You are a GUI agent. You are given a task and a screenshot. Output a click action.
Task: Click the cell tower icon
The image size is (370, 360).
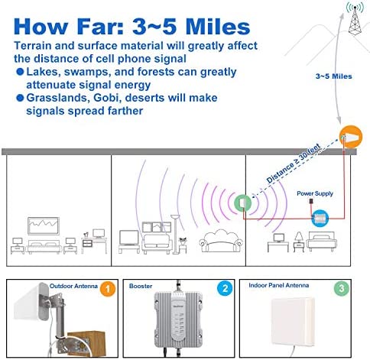(355, 18)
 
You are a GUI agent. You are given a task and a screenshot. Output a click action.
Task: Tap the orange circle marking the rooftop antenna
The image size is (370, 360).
(351, 137)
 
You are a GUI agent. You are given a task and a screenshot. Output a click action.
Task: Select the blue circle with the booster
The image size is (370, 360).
(320, 218)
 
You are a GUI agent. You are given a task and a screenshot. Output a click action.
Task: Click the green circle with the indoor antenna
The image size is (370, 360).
(242, 203)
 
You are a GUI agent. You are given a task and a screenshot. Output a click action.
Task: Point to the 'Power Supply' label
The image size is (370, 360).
(315, 193)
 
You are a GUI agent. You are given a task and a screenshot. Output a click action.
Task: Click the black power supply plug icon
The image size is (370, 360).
(311, 201)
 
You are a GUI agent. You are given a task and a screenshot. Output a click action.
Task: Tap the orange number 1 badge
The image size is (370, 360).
(108, 289)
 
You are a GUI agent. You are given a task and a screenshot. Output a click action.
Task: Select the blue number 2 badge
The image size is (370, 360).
(225, 288)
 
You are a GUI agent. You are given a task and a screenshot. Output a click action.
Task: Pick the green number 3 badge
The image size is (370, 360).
(342, 288)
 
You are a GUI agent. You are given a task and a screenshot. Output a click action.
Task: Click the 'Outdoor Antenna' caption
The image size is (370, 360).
(73, 286)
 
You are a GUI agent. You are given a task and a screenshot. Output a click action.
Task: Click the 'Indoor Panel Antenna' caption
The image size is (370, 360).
(279, 285)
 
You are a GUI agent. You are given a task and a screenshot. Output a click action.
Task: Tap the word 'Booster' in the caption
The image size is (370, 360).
(141, 286)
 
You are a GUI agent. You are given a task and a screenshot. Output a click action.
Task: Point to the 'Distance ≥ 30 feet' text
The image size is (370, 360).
(294, 164)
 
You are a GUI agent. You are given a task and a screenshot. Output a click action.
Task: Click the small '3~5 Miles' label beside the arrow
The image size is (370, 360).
(333, 76)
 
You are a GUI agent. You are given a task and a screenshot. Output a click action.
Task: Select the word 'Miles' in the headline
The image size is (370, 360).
(218, 27)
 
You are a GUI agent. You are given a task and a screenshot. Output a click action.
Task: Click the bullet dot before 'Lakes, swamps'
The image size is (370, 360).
(20, 72)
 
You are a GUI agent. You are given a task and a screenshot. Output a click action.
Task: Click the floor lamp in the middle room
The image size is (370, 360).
(175, 235)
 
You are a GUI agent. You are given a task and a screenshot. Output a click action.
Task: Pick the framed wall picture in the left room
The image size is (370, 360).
(44, 225)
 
